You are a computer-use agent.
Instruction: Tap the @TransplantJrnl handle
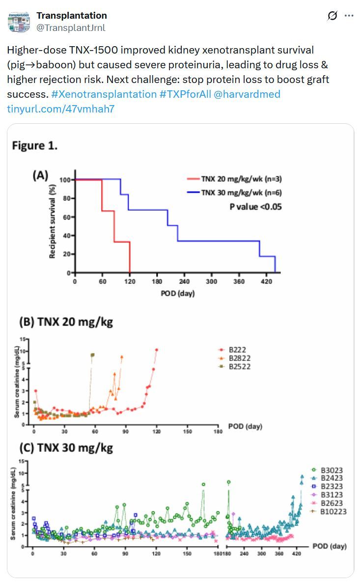[x=71, y=28]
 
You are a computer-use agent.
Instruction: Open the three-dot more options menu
[x=349, y=16]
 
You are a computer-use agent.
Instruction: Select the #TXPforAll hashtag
[x=185, y=94]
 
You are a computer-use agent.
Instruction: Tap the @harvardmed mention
[x=247, y=94]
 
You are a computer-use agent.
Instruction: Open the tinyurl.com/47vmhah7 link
[x=60, y=109]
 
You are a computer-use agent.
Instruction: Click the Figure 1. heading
[x=35, y=146]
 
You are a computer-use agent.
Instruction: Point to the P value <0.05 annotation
[x=255, y=207]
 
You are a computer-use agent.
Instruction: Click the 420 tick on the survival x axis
[x=266, y=282]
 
